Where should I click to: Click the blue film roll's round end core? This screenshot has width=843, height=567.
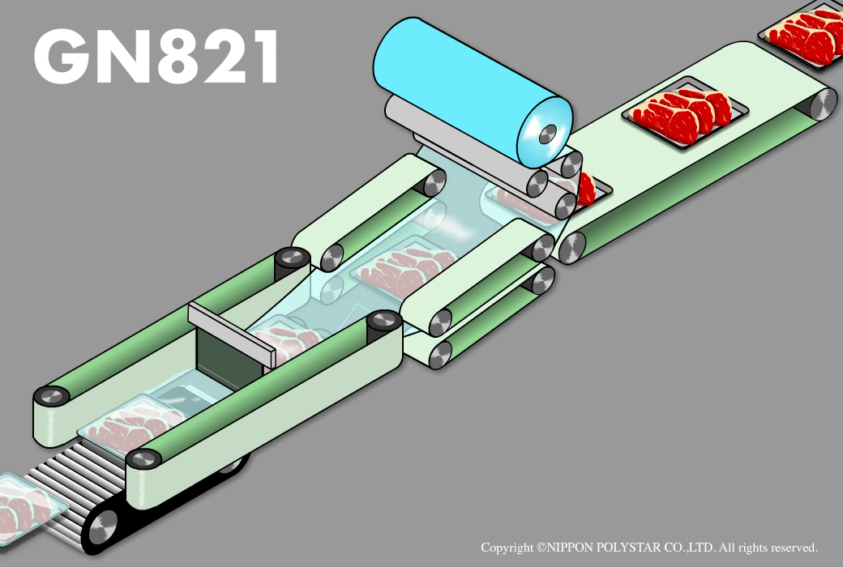pos(548,134)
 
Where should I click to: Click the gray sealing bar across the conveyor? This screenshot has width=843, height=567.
pos(231,335)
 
